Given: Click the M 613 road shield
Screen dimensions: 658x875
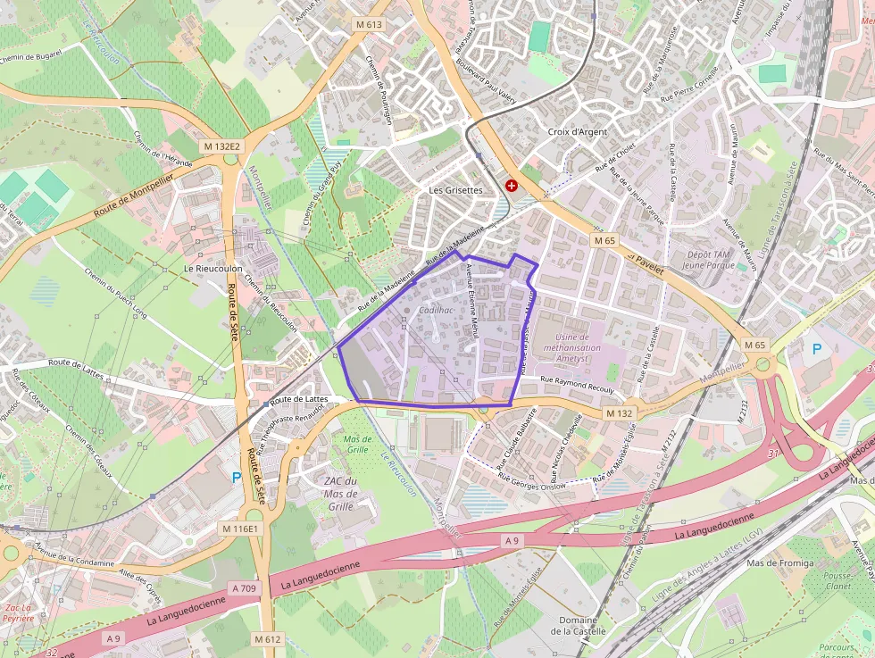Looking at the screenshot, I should (x=369, y=25).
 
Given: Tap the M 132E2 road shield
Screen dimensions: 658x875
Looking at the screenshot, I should (x=221, y=146).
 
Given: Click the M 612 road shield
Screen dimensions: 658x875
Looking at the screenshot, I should (x=267, y=639).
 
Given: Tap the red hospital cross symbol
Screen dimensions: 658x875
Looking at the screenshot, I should (x=512, y=186).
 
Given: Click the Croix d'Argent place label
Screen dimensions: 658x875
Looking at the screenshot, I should (x=577, y=132).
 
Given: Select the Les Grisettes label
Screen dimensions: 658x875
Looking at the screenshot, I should (x=455, y=190).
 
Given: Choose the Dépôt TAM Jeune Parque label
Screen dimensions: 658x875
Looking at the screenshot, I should (x=708, y=259).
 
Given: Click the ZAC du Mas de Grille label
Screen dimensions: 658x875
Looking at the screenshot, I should (x=340, y=494).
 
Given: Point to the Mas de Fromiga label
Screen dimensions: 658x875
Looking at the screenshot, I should (x=780, y=563).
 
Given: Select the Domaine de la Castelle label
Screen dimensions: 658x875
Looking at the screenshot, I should (x=579, y=625).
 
